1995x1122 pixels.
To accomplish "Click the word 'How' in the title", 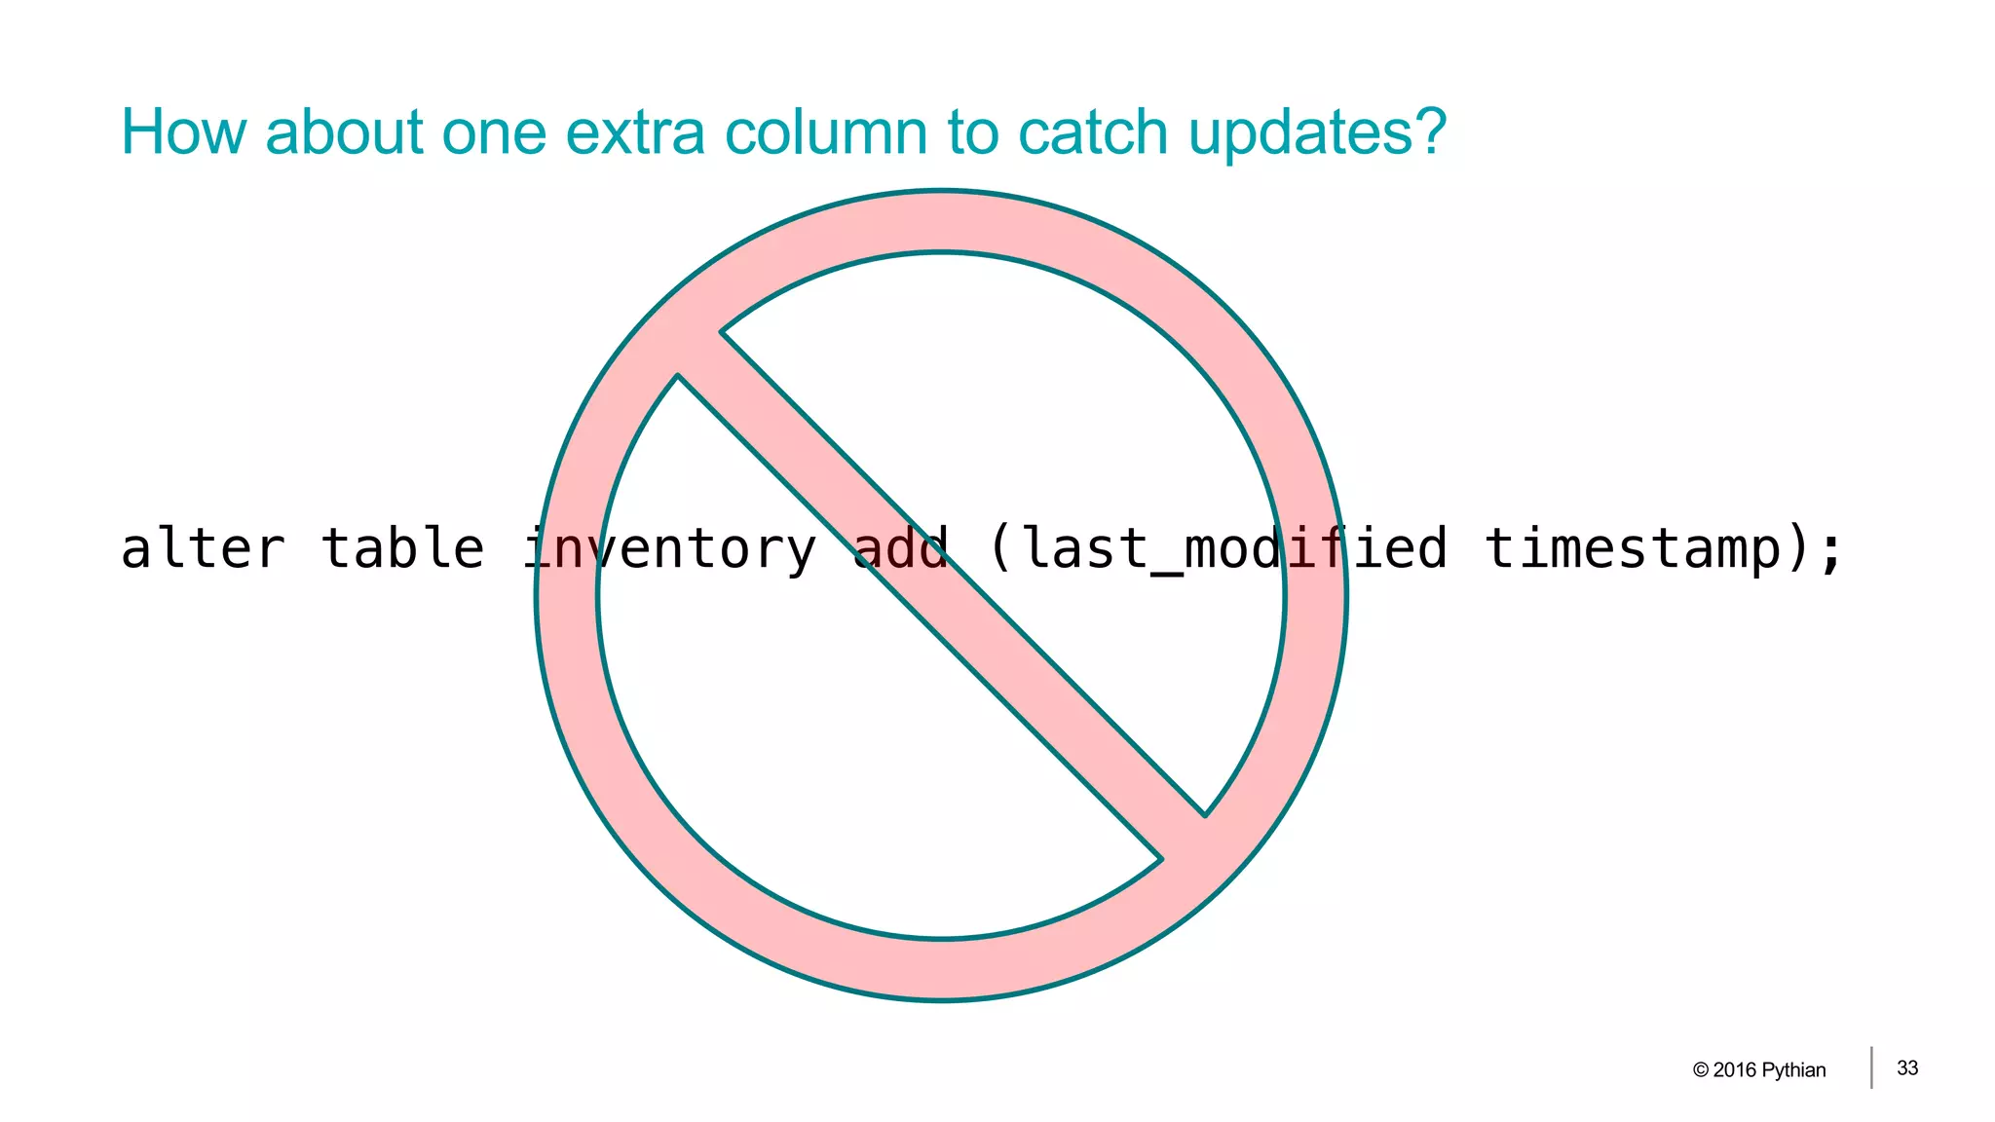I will (x=183, y=132).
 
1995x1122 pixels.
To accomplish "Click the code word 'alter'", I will (x=203, y=548).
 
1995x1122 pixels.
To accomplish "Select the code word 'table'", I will (x=402, y=548).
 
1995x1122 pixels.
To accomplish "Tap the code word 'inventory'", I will (x=670, y=550).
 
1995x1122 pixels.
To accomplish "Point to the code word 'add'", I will (x=901, y=548).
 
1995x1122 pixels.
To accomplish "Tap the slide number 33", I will (x=1907, y=1068).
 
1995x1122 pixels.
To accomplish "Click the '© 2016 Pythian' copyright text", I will (x=1759, y=1069).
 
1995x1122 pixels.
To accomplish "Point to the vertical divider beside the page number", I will (x=1871, y=1067).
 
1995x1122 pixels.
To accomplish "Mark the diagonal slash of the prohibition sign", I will (x=941, y=595).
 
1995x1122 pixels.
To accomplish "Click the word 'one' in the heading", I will (x=494, y=132).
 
